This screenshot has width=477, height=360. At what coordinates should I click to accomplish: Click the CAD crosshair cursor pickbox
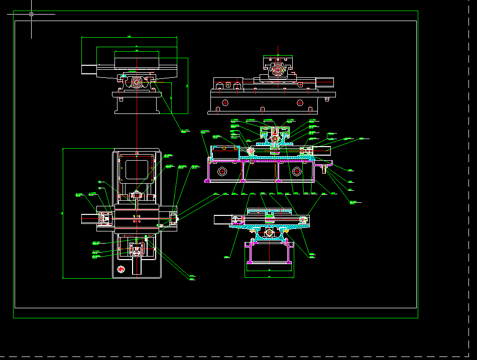pos(31,14)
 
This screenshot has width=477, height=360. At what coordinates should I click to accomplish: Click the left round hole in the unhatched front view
pos(224,102)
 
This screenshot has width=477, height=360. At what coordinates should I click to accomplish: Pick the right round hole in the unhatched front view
pos(300,102)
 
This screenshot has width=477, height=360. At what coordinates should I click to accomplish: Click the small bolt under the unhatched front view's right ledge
pos(328,98)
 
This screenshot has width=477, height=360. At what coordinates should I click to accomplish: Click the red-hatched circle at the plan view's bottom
pos(121,270)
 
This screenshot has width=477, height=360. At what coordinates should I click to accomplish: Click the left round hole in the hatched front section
pos(222,171)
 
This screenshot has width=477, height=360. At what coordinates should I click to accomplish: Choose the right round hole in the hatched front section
pos(297,171)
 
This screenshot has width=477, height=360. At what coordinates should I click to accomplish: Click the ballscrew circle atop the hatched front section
pos(274,136)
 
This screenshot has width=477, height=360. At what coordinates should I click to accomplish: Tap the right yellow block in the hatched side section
pos(303,219)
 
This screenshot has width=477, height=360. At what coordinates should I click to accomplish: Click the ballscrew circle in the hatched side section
pos(269,233)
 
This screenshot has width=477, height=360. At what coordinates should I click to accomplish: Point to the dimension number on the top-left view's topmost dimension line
pos(129,36)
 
